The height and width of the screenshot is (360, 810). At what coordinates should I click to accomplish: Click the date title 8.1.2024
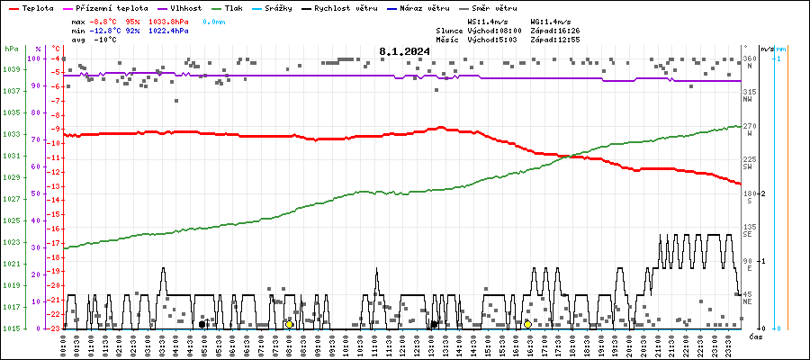(x=404, y=51)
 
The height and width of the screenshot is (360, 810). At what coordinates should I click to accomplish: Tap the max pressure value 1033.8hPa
(x=166, y=20)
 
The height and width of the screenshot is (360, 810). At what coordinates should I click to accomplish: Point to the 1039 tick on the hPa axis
(x=12, y=69)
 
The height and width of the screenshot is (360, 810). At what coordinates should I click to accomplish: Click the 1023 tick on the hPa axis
(x=12, y=242)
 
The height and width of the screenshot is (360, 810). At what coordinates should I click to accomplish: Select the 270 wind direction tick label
(x=748, y=127)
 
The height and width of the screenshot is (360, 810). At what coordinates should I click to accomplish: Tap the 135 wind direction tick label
(x=748, y=227)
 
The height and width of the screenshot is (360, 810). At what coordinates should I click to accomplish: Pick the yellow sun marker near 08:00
(x=289, y=324)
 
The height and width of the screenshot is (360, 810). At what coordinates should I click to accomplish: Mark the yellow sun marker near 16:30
(x=527, y=324)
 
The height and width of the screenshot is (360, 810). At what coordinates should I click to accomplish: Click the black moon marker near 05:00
(x=202, y=324)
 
